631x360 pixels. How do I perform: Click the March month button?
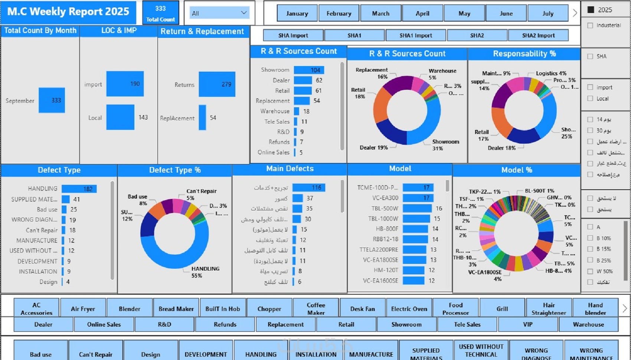click(380, 13)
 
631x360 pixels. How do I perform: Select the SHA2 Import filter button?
click(538, 35)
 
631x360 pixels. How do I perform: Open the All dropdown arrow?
click(244, 13)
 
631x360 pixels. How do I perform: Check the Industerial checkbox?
click(590, 25)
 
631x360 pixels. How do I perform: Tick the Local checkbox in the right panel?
click(590, 98)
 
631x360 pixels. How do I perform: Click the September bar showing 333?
click(52, 100)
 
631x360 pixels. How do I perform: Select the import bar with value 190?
click(125, 84)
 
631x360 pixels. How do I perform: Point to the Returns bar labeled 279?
click(217, 84)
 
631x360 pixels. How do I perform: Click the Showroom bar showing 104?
click(309, 70)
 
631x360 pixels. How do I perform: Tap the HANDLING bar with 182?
click(79, 189)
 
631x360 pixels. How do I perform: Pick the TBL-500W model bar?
click(417, 208)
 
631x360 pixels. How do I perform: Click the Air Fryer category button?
click(83, 309)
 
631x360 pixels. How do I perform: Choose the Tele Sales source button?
click(467, 324)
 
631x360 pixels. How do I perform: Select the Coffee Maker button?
click(316, 309)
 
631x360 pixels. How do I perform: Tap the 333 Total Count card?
click(160, 13)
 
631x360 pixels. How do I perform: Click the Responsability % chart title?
click(524, 54)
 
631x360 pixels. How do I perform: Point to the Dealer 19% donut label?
click(373, 148)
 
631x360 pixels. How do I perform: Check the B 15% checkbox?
click(590, 249)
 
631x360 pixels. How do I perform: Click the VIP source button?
click(527, 324)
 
